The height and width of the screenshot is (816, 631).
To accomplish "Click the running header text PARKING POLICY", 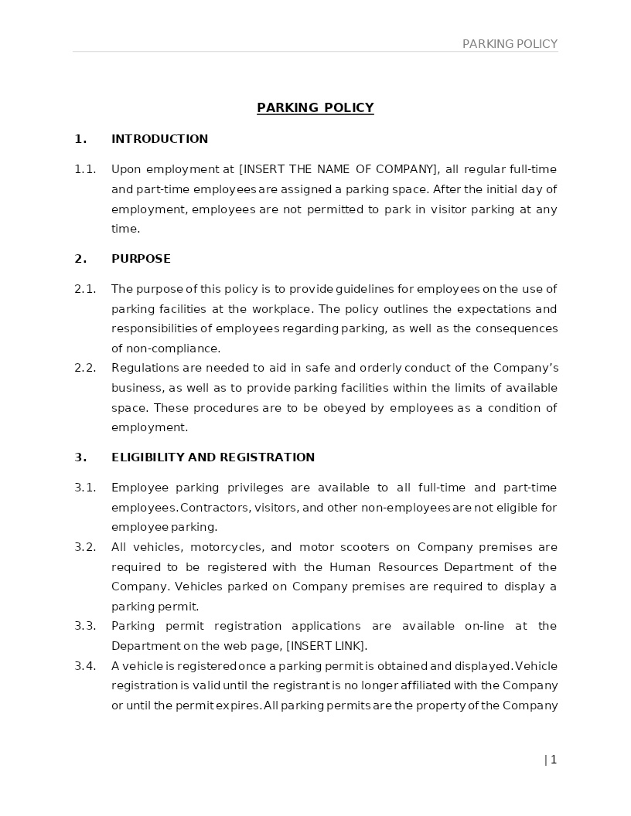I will pos(510,44).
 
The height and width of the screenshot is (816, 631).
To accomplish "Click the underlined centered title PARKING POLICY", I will pos(315,108).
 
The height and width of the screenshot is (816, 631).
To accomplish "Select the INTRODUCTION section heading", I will pos(159,139).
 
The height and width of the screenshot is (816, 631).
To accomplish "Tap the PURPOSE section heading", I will pos(141,259).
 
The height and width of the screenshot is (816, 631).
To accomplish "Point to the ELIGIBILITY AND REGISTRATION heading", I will pos(213,457).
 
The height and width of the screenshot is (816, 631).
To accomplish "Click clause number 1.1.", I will pos(85,169).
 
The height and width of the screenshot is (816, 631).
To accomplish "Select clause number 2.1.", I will pos(85,289).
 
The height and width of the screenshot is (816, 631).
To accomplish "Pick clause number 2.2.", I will pos(85,368).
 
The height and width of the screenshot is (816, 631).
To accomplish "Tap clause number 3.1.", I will pos(85,488).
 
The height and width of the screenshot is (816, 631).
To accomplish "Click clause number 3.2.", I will pos(85,547).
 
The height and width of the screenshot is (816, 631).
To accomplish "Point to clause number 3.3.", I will pos(85,626).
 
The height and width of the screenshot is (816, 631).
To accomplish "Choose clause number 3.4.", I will pos(85,666).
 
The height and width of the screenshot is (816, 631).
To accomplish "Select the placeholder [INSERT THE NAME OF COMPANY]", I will pos(339,169).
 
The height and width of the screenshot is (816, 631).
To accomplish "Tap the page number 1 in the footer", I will pos(554,760).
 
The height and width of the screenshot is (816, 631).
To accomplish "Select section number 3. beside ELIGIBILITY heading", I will pos(80,457).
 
